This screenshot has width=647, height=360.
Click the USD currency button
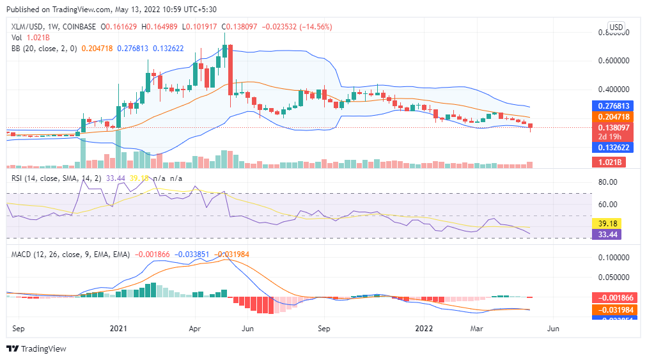[616, 27]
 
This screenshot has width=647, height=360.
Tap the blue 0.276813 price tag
[617, 106]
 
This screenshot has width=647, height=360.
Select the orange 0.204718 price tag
[617, 117]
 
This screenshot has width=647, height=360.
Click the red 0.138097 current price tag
[617, 128]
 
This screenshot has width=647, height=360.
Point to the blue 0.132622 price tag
[617, 147]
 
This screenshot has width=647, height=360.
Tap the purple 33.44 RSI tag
[617, 235]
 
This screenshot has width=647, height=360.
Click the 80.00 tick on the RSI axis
[607, 182]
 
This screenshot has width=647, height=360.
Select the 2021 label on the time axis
[119, 328]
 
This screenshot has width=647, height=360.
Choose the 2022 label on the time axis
[425, 328]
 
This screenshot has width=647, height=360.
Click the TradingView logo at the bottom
[36, 349]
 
